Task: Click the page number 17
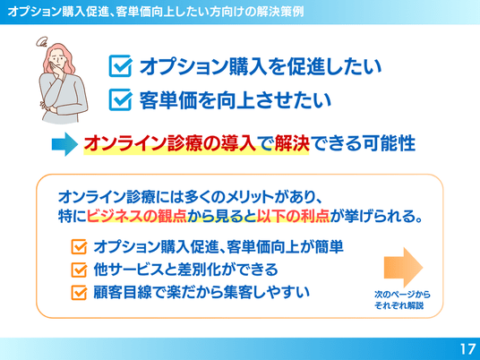467,349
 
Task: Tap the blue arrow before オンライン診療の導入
64,144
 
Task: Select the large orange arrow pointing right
403,267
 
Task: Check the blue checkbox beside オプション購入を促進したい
121,65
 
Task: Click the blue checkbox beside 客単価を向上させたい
121,99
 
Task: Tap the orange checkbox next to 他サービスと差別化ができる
79,270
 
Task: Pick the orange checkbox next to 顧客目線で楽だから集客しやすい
79,292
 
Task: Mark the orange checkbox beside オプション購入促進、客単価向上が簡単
79,247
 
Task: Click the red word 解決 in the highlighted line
292,143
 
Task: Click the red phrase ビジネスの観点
137,216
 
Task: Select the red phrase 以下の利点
293,216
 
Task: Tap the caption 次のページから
402,295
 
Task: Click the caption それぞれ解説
399,305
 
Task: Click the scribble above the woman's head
41,41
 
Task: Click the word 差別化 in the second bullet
191,270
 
